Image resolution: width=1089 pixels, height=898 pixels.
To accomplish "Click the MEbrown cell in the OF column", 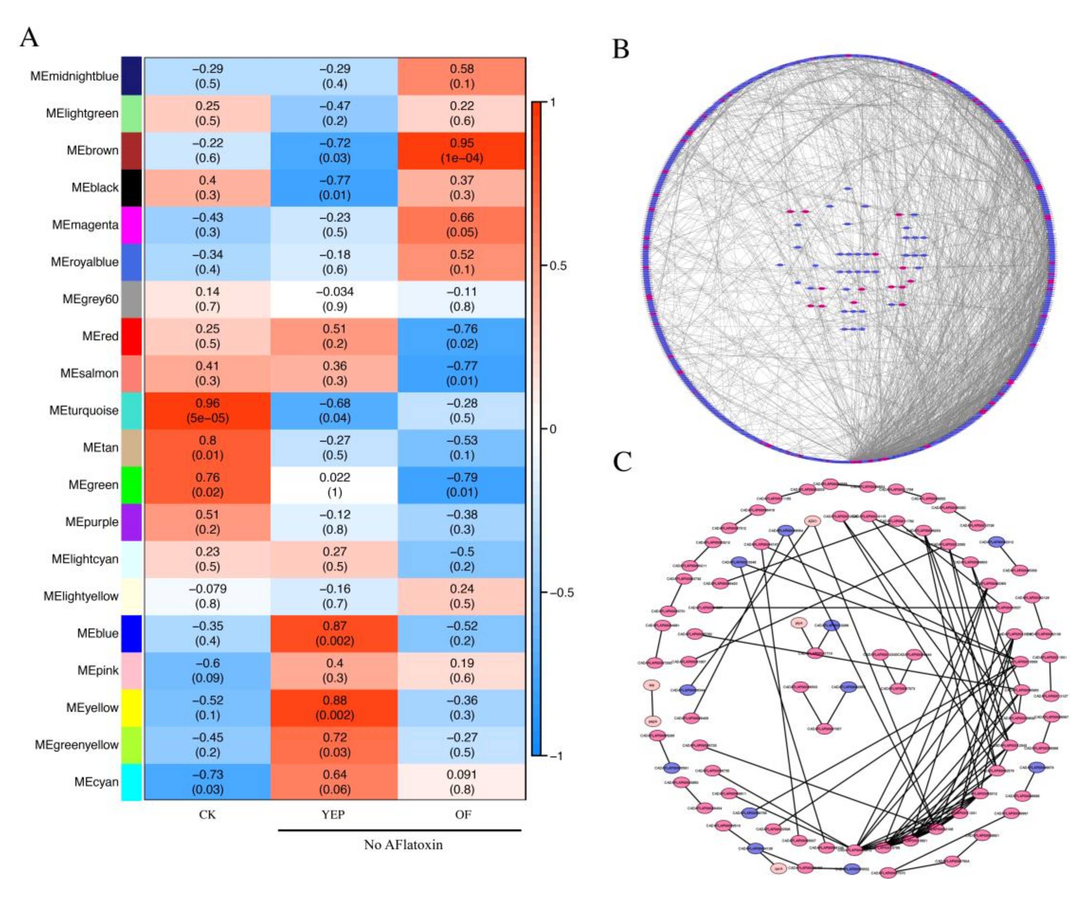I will pyautogui.click(x=462, y=151).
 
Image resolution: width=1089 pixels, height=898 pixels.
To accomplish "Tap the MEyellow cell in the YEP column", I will pyautogui.click(x=334, y=708).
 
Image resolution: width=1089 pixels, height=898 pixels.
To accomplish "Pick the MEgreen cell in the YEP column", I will pyautogui.click(x=334, y=485).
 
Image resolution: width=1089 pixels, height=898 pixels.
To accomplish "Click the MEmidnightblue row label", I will pyautogui.click(x=75, y=76).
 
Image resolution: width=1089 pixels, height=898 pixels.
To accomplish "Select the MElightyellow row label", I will pyautogui.click(x=81, y=596).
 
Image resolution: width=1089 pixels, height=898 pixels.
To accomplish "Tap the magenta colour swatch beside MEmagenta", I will pyautogui.click(x=131, y=225).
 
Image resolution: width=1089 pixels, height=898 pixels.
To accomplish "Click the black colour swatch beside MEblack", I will pyautogui.click(x=131, y=188).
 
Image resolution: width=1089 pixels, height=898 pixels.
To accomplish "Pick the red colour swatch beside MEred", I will pyautogui.click(x=131, y=336).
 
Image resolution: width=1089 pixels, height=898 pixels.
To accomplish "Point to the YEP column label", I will pyautogui.click(x=333, y=815).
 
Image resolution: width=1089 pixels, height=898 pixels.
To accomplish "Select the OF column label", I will pyautogui.click(x=463, y=815).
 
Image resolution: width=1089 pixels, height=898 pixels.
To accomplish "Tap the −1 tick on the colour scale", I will pyautogui.click(x=556, y=756).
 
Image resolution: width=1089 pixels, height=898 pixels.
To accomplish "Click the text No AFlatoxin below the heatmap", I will pyautogui.click(x=403, y=845).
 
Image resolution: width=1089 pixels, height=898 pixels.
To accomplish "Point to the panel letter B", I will pyautogui.click(x=621, y=50).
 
